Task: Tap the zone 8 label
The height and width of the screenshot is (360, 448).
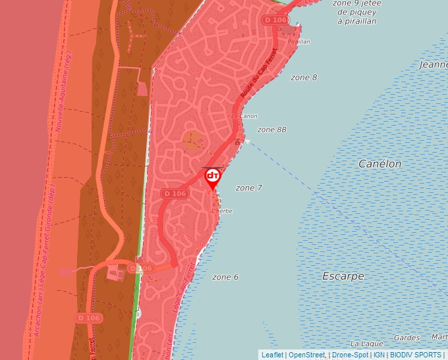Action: tap(304, 78)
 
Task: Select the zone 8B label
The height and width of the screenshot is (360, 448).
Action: tap(271, 130)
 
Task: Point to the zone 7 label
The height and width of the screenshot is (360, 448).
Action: tap(249, 188)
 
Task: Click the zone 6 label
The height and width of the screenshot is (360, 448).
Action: tap(225, 277)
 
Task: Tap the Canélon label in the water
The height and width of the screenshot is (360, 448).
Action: tap(379, 164)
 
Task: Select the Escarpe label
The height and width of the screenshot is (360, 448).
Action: tap(343, 276)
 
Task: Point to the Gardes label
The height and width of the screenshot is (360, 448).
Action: tap(406, 338)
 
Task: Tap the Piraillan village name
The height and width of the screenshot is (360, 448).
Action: tap(299, 41)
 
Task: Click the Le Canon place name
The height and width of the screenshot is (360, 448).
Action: tap(244, 116)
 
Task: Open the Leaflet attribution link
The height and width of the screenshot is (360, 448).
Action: tap(272, 355)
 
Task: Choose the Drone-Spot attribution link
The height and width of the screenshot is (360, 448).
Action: tap(350, 355)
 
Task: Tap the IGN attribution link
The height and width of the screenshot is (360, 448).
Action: tap(379, 355)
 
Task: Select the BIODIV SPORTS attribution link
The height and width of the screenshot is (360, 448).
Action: tap(415, 355)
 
